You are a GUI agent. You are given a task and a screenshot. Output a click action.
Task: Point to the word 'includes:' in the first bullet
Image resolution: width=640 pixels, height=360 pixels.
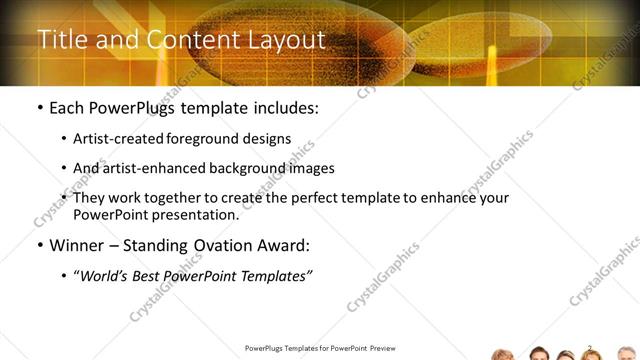[x=283, y=106]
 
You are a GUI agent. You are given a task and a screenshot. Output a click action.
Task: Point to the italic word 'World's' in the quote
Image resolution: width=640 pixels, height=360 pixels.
[x=106, y=275]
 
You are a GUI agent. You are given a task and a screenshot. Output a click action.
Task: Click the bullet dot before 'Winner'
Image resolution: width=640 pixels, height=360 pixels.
[x=39, y=245]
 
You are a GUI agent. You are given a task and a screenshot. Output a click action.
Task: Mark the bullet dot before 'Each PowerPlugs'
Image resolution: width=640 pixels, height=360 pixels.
[x=39, y=107]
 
